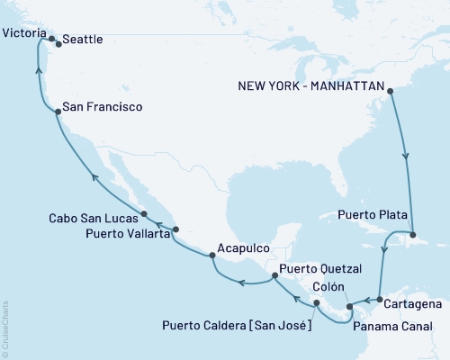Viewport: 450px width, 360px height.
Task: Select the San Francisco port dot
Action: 58,112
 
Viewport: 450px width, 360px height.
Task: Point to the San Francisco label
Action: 103,106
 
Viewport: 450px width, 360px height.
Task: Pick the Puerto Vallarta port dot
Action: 175,229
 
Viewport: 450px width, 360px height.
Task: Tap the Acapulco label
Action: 243,251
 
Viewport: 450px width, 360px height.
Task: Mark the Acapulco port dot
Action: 211,256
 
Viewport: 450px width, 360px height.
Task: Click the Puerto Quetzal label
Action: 320,268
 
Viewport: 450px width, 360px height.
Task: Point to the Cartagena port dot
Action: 380,299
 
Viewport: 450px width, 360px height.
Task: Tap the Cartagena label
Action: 416,306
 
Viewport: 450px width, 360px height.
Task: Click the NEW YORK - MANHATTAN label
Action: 310,88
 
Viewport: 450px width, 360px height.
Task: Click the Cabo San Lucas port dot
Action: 145,213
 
